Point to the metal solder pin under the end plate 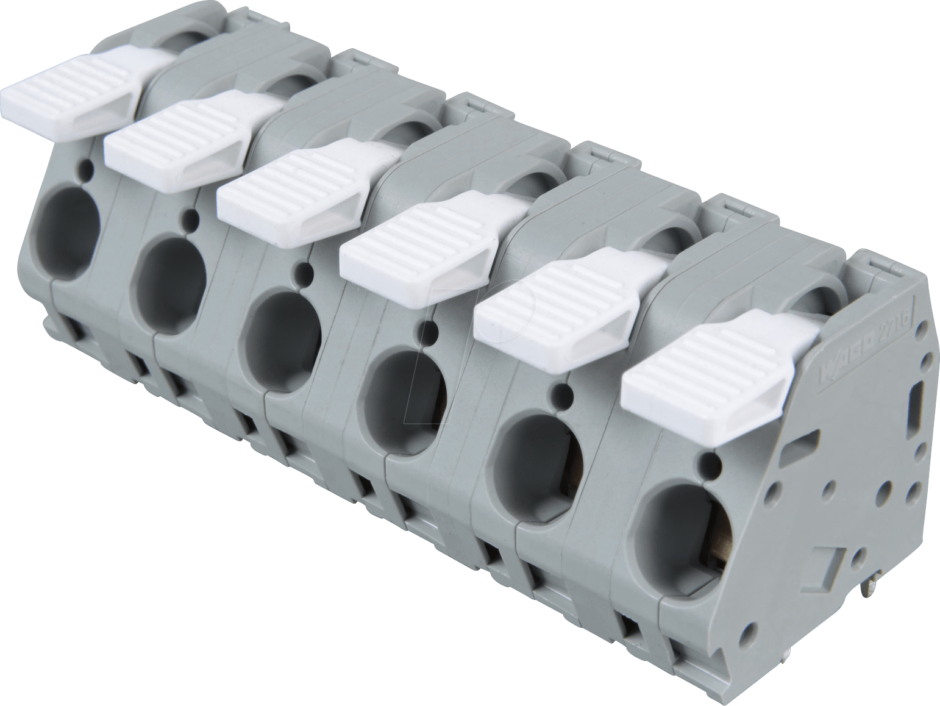[871, 588]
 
